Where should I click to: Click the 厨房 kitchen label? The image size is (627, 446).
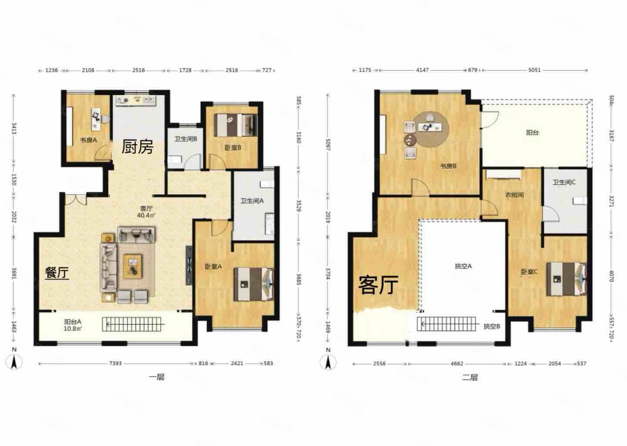click(x=137, y=147)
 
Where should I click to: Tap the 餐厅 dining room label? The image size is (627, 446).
click(x=57, y=273)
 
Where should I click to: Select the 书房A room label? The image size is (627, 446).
click(x=88, y=140)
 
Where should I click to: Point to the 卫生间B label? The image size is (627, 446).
click(x=186, y=139)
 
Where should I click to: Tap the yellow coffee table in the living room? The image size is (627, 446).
click(x=133, y=266)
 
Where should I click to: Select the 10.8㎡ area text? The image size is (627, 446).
click(x=73, y=329)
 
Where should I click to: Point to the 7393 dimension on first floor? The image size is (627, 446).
click(x=115, y=363)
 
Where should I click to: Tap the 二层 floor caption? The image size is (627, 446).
click(x=470, y=377)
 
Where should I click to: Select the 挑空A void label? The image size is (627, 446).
click(x=463, y=266)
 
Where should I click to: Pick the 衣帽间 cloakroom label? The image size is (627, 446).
click(x=514, y=195)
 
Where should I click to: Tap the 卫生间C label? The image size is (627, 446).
click(x=564, y=182)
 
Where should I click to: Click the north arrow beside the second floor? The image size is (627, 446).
click(x=328, y=361)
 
